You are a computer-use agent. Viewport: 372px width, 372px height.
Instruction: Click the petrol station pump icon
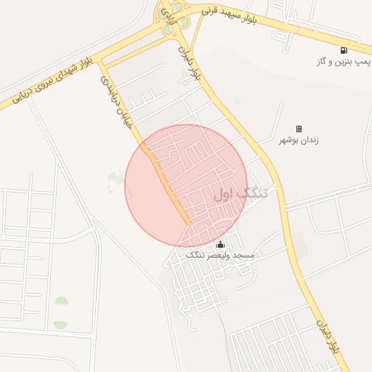pos(343,50)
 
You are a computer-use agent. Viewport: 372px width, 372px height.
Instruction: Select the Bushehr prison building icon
pos(299,129)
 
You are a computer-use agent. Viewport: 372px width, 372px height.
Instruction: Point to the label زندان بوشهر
pos(299,140)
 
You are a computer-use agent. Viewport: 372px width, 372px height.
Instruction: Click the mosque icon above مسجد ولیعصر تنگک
pos(221,244)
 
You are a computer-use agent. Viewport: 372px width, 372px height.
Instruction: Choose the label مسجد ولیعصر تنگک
pos(220,256)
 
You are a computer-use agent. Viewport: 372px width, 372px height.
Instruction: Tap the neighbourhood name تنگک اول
pos(240,194)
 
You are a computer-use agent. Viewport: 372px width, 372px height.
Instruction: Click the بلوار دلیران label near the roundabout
pos(189,62)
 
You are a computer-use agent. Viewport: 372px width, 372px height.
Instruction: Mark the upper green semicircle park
pos(61,302)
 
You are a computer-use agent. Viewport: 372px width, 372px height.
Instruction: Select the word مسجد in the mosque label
pos(244,256)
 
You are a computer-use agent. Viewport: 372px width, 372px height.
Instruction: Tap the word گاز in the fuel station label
pos(323,63)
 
